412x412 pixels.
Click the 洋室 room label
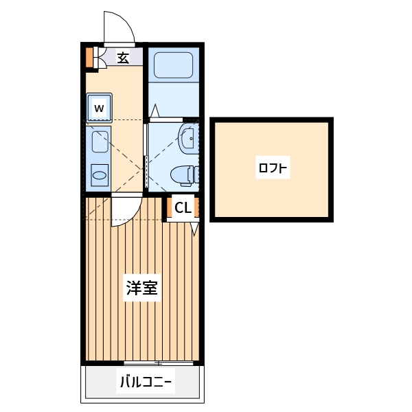pyautogui.click(x=141, y=288)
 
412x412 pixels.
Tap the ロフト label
pyautogui.click(x=273, y=168)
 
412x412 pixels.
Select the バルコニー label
pyautogui.click(x=146, y=382)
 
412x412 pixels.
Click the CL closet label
pyautogui.click(x=183, y=208)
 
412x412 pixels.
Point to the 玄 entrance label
pyautogui.click(x=123, y=57)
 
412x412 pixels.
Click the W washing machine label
pyautogui.click(x=99, y=108)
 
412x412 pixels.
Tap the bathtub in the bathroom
pyautogui.click(x=174, y=65)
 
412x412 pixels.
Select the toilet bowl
pyautogui.click(x=185, y=174)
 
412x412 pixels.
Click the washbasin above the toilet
pyautogui.click(x=187, y=138)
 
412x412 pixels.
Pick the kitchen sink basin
pyautogui.click(x=100, y=141)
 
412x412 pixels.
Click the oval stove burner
pyautogui.click(x=100, y=175)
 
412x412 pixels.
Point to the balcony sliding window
pyautogui.click(x=159, y=363)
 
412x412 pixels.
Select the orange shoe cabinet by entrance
pyautogui.click(x=89, y=57)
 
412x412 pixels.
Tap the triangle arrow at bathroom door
pyautogui.click(x=155, y=111)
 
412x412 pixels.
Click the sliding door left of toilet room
pyautogui.click(x=146, y=155)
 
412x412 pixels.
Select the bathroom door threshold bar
pyautogui.click(x=166, y=119)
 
